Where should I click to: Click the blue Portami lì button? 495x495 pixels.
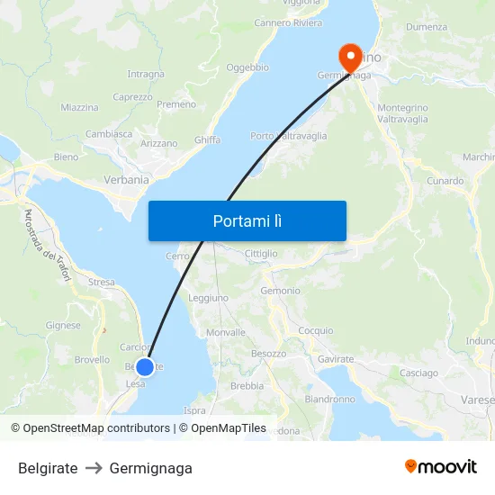pos(247,220)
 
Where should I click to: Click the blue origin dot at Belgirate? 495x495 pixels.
pos(144,367)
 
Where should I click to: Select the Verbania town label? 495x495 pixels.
pos(127,179)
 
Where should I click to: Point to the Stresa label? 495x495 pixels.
pos(102,283)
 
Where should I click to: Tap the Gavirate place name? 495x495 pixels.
pos(336,359)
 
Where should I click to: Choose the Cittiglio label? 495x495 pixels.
pos(261,254)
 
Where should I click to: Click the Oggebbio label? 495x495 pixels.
pos(247,67)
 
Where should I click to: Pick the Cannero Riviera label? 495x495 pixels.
pos(288,22)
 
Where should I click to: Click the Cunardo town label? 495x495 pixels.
pos(445,181)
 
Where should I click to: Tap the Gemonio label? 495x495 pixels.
pos(280,291)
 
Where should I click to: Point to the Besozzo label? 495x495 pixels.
pos(269,354)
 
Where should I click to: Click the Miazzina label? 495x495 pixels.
pos(79,107)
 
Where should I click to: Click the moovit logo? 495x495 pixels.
pos(441,466)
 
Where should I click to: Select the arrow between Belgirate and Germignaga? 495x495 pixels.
pos(94,468)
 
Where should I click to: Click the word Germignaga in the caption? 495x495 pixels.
pos(150,468)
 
